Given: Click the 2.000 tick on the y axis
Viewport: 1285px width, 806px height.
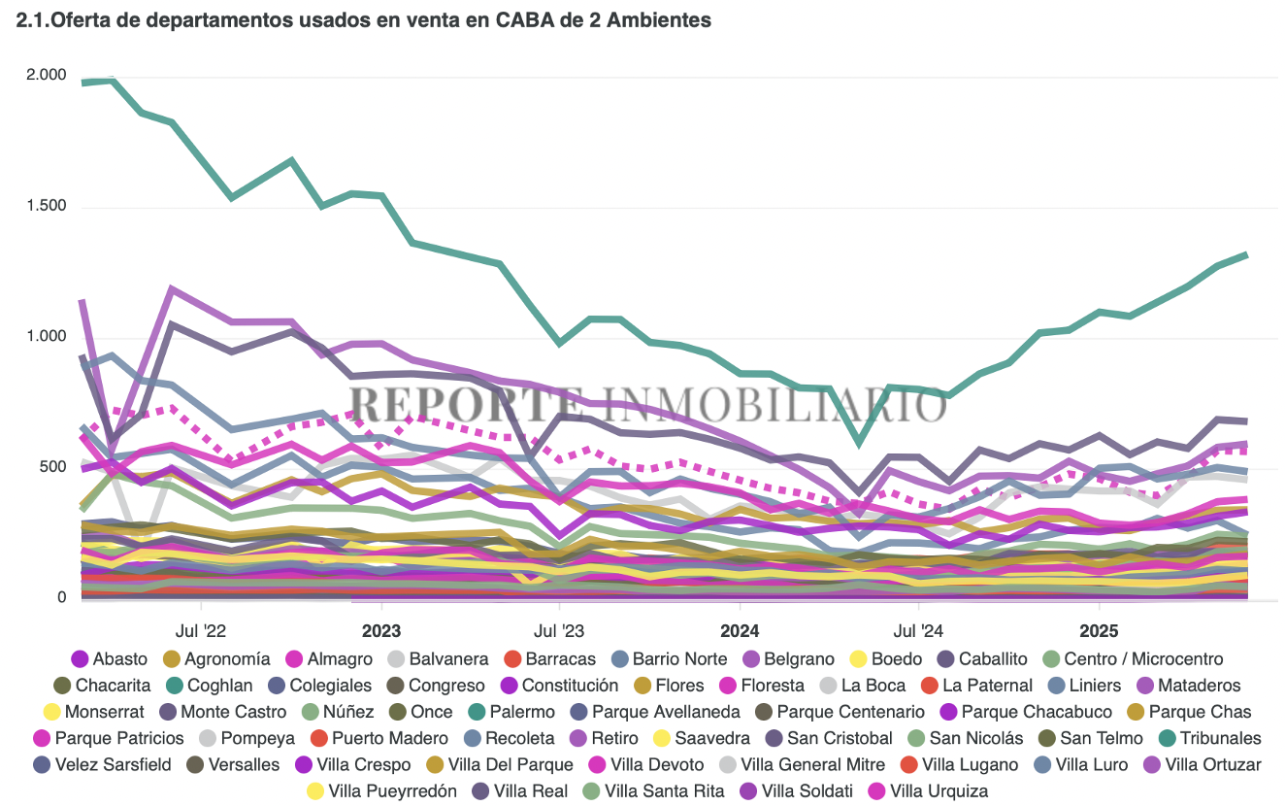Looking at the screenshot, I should coord(47,76).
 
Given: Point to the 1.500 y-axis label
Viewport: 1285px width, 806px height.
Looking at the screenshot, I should coord(47,206).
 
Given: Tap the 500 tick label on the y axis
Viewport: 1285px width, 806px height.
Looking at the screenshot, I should coord(52,467).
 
